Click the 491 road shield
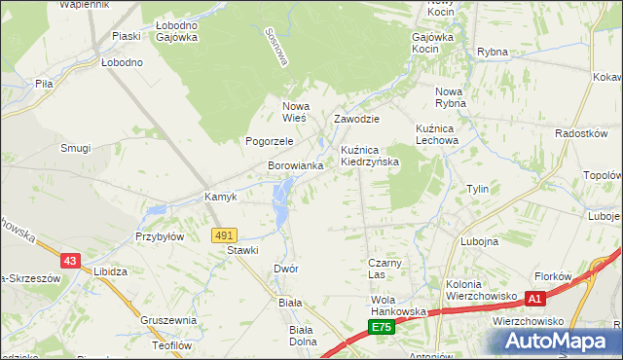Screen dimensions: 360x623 point(224,235)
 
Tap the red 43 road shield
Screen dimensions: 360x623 point(69,260)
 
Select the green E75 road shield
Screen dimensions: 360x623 point(382,328)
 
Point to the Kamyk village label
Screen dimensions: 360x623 point(221,197)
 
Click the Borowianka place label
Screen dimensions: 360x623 point(296,166)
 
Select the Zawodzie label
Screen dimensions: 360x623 point(356,119)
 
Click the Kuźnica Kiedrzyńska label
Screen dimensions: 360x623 point(370,156)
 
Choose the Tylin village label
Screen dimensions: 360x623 point(477,189)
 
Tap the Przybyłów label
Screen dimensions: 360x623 point(160,236)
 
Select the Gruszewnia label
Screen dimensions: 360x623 point(168,320)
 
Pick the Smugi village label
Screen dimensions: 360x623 point(75,148)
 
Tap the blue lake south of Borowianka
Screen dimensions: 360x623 point(281,199)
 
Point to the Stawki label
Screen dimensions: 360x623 point(242,250)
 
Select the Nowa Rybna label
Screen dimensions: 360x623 point(451,98)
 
